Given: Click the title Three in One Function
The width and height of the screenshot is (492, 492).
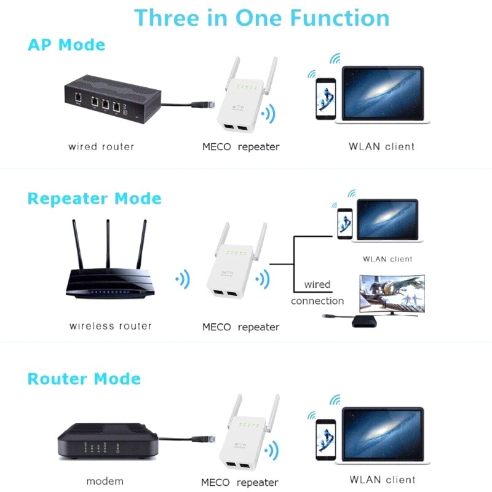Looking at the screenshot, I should click(261, 17).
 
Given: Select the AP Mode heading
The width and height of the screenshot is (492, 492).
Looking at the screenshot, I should click(66, 45).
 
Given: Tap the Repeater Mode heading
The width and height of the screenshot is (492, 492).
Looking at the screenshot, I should click(94, 199).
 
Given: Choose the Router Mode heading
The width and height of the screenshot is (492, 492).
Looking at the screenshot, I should click(84, 378).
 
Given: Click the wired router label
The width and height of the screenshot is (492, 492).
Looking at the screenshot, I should click(101, 147).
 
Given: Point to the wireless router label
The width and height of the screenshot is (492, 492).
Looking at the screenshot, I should click(110, 326).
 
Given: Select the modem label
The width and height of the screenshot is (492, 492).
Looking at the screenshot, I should click(105, 481).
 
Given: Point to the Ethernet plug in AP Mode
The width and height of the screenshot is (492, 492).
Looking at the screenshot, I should click(200, 105).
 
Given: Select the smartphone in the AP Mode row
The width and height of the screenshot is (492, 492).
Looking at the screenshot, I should click(325, 98).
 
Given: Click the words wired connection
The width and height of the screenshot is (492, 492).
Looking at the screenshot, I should click(317, 293).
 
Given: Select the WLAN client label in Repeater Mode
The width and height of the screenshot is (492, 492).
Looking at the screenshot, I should click(387, 259).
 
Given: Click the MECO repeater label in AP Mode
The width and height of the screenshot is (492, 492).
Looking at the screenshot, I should click(240, 147).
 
